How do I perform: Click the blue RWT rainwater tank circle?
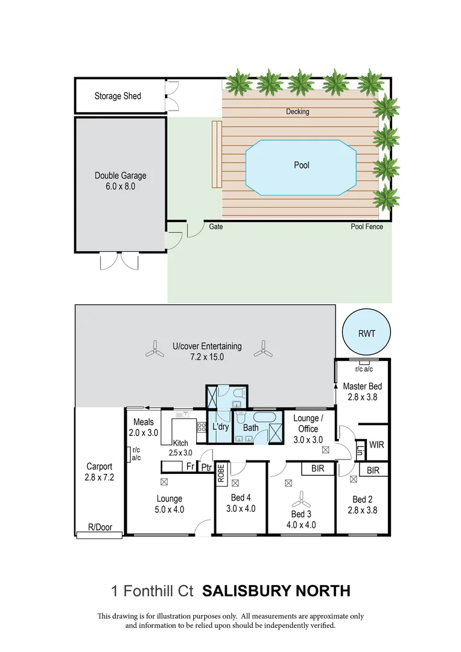tap(366, 332)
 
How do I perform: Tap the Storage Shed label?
tap(118, 96)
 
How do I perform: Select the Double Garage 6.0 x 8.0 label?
tap(120, 181)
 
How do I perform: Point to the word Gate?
tap(216, 227)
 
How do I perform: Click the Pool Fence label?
tap(367, 227)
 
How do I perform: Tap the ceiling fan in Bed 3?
tap(300, 500)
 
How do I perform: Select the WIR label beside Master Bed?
tap(377, 445)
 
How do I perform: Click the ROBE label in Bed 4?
tap(221, 472)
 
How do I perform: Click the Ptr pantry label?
tap(206, 467)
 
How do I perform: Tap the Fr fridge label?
tap(189, 467)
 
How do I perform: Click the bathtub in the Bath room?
tap(264, 417)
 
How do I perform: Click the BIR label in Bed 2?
tap(373, 470)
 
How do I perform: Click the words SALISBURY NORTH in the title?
tap(276, 590)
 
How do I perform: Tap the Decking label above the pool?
tap(297, 112)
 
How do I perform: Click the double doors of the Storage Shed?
tap(172, 96)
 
